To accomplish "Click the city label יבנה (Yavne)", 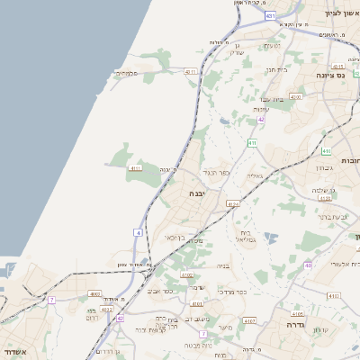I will [x=197, y=193].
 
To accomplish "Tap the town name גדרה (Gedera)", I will [x=297, y=323].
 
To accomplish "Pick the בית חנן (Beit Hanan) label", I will [x=274, y=68].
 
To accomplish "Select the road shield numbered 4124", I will [x=233, y=204].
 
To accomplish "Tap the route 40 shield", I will [x=309, y=265].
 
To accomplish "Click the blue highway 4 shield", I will [x=139, y=232].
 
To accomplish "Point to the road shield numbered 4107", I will [x=249, y=320].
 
